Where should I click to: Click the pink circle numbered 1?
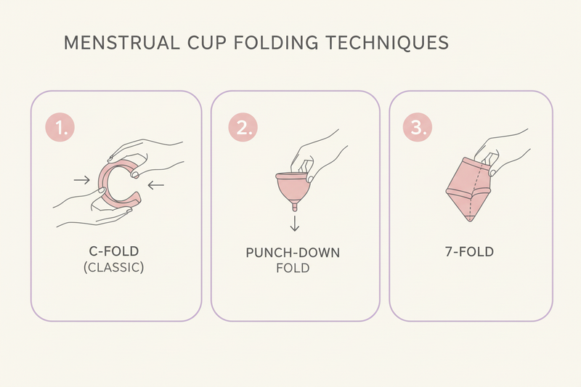(60, 129)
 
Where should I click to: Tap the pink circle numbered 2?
(243, 129)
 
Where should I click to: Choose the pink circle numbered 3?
(418, 129)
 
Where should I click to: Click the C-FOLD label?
(113, 251)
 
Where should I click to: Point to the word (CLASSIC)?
(113, 267)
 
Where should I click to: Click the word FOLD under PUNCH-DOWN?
(293, 268)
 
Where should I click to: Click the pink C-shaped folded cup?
(115, 183)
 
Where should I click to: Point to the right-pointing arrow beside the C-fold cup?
(81, 179)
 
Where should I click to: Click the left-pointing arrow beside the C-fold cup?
(156, 186)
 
